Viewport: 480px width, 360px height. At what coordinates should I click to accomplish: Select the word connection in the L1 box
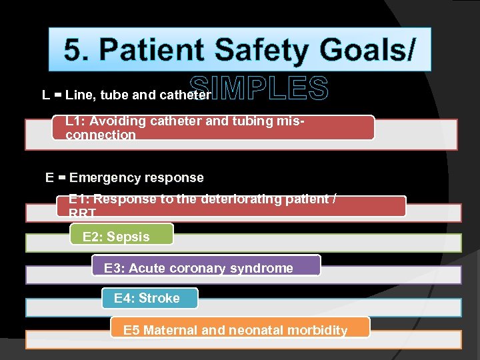pos(101,135)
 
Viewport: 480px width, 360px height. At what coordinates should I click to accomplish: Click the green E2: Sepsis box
pos(121,236)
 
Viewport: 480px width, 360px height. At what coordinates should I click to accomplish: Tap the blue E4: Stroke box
pos(149,298)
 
